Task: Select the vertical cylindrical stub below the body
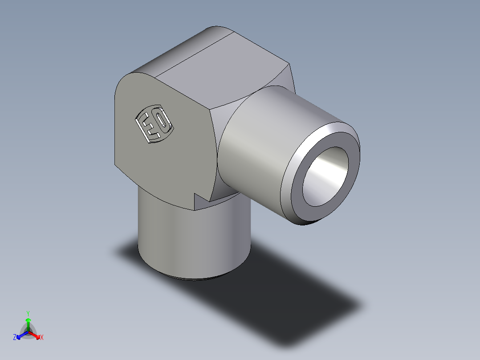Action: click(191, 241)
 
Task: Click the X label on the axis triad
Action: click(42, 338)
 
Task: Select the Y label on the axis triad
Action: click(28, 313)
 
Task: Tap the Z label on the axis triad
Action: click(15, 338)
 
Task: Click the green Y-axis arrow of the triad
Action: click(28, 323)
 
